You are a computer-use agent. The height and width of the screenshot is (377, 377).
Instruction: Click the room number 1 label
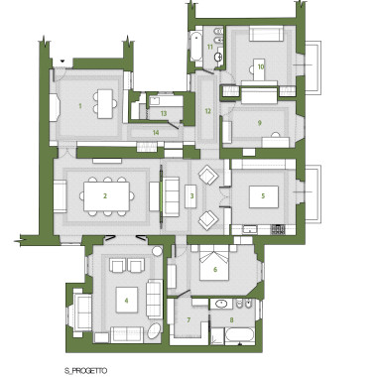pyautogui.click(x=80, y=106)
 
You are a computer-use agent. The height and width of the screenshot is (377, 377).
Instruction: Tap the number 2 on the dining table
pyautogui.click(x=105, y=196)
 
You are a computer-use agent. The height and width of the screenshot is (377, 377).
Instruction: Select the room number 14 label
pyautogui.click(x=156, y=133)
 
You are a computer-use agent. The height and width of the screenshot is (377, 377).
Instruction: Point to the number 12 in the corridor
pyautogui.click(x=207, y=111)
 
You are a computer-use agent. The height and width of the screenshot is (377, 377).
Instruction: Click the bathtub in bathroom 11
pyautogui.click(x=195, y=47)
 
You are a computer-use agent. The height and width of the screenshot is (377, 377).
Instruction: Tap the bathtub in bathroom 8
pyautogui.click(x=240, y=335)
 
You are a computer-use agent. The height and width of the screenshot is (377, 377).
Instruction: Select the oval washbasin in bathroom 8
pyautogui.click(x=220, y=304)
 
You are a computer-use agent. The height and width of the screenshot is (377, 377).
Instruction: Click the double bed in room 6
pyautogui.click(x=214, y=264)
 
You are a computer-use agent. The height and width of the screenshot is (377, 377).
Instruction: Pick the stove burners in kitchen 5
pyautogui.click(x=279, y=229)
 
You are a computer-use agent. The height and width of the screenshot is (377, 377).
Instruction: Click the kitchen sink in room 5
pyautogui.click(x=249, y=229)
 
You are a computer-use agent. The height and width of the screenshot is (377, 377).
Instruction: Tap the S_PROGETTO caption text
pyautogui.click(x=86, y=371)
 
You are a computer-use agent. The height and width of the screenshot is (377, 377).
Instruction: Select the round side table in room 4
pyautogui.click(x=157, y=251)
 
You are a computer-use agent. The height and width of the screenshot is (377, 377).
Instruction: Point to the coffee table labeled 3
pyautogui.click(x=190, y=196)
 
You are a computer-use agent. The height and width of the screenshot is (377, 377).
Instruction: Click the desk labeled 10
pyautogui.click(x=259, y=69)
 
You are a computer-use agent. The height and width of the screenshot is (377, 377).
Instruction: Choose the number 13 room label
pyautogui.click(x=164, y=113)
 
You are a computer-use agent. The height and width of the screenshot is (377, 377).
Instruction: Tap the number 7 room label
pyautogui.click(x=188, y=320)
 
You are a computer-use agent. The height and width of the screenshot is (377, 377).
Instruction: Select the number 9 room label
pyautogui.click(x=260, y=123)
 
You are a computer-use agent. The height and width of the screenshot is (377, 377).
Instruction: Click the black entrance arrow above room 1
pyautogui.click(x=63, y=61)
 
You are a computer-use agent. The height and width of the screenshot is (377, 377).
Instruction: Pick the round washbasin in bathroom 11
pyautogui.click(x=218, y=57)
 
